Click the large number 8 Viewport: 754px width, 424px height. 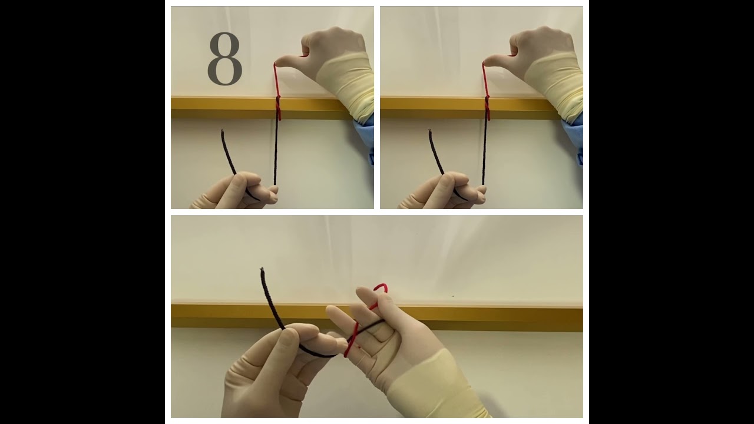pyautogui.click(x=224, y=59)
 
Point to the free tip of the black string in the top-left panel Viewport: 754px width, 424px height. pyautogui.click(x=222, y=131)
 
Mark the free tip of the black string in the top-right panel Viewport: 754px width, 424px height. pyautogui.click(x=431, y=131)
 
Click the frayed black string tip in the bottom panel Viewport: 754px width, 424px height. pyautogui.click(x=262, y=270)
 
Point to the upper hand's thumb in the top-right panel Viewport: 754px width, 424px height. pyautogui.click(x=498, y=59)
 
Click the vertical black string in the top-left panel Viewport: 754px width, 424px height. pyautogui.click(x=276, y=153)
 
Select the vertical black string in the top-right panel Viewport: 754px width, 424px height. pyautogui.click(x=485, y=153)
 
